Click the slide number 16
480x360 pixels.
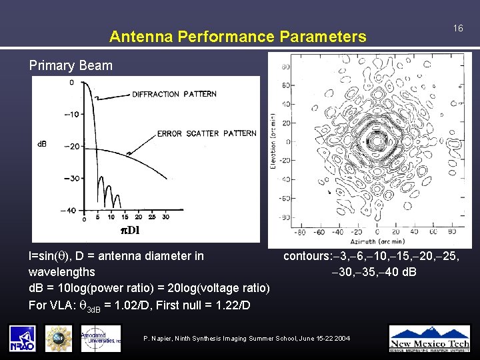click(458, 29)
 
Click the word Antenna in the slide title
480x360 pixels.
click(137, 37)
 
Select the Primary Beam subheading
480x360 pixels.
click(71, 65)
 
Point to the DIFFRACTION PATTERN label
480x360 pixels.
click(174, 94)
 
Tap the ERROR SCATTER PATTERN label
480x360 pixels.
click(207, 133)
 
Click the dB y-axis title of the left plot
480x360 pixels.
click(41, 144)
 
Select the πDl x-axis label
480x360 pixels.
click(129, 231)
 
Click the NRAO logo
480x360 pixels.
click(23, 338)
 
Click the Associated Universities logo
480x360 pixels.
click(101, 338)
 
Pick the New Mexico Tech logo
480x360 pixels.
click(429, 337)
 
